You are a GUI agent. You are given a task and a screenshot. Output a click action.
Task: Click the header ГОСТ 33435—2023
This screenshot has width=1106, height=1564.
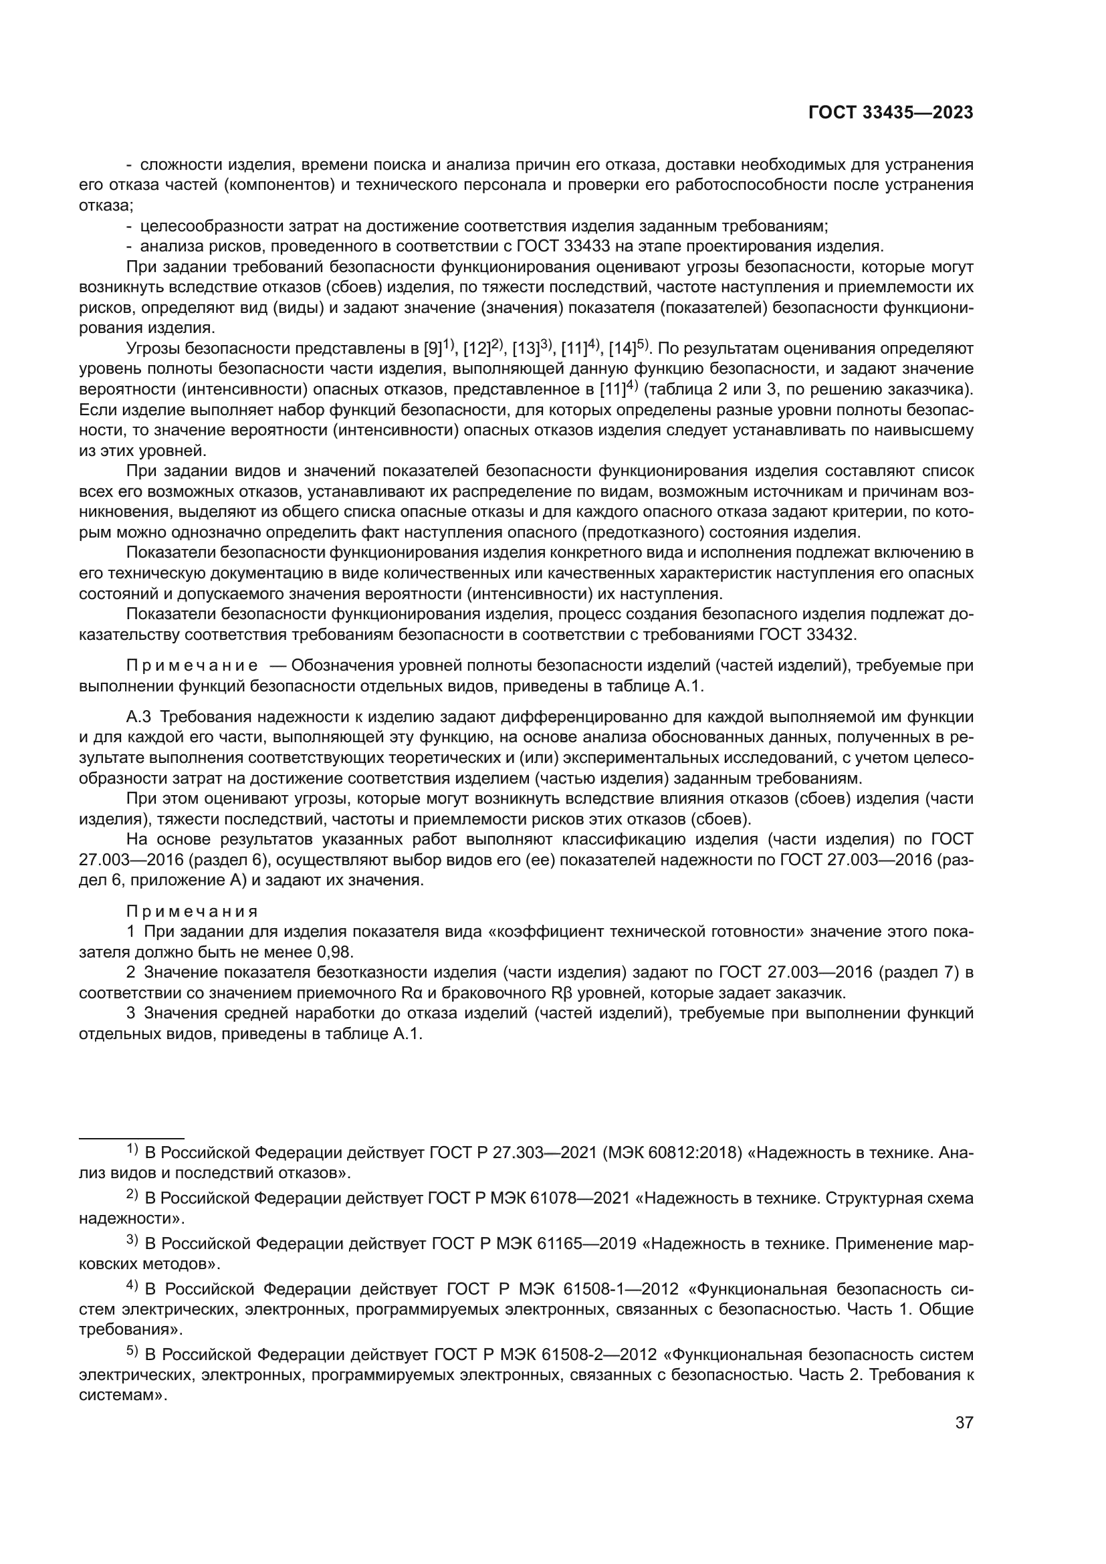(x=891, y=113)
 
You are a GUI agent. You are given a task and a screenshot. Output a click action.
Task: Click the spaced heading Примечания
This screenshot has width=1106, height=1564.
(x=193, y=911)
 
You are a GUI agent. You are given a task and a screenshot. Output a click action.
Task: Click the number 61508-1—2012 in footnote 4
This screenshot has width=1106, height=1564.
(x=621, y=1289)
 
